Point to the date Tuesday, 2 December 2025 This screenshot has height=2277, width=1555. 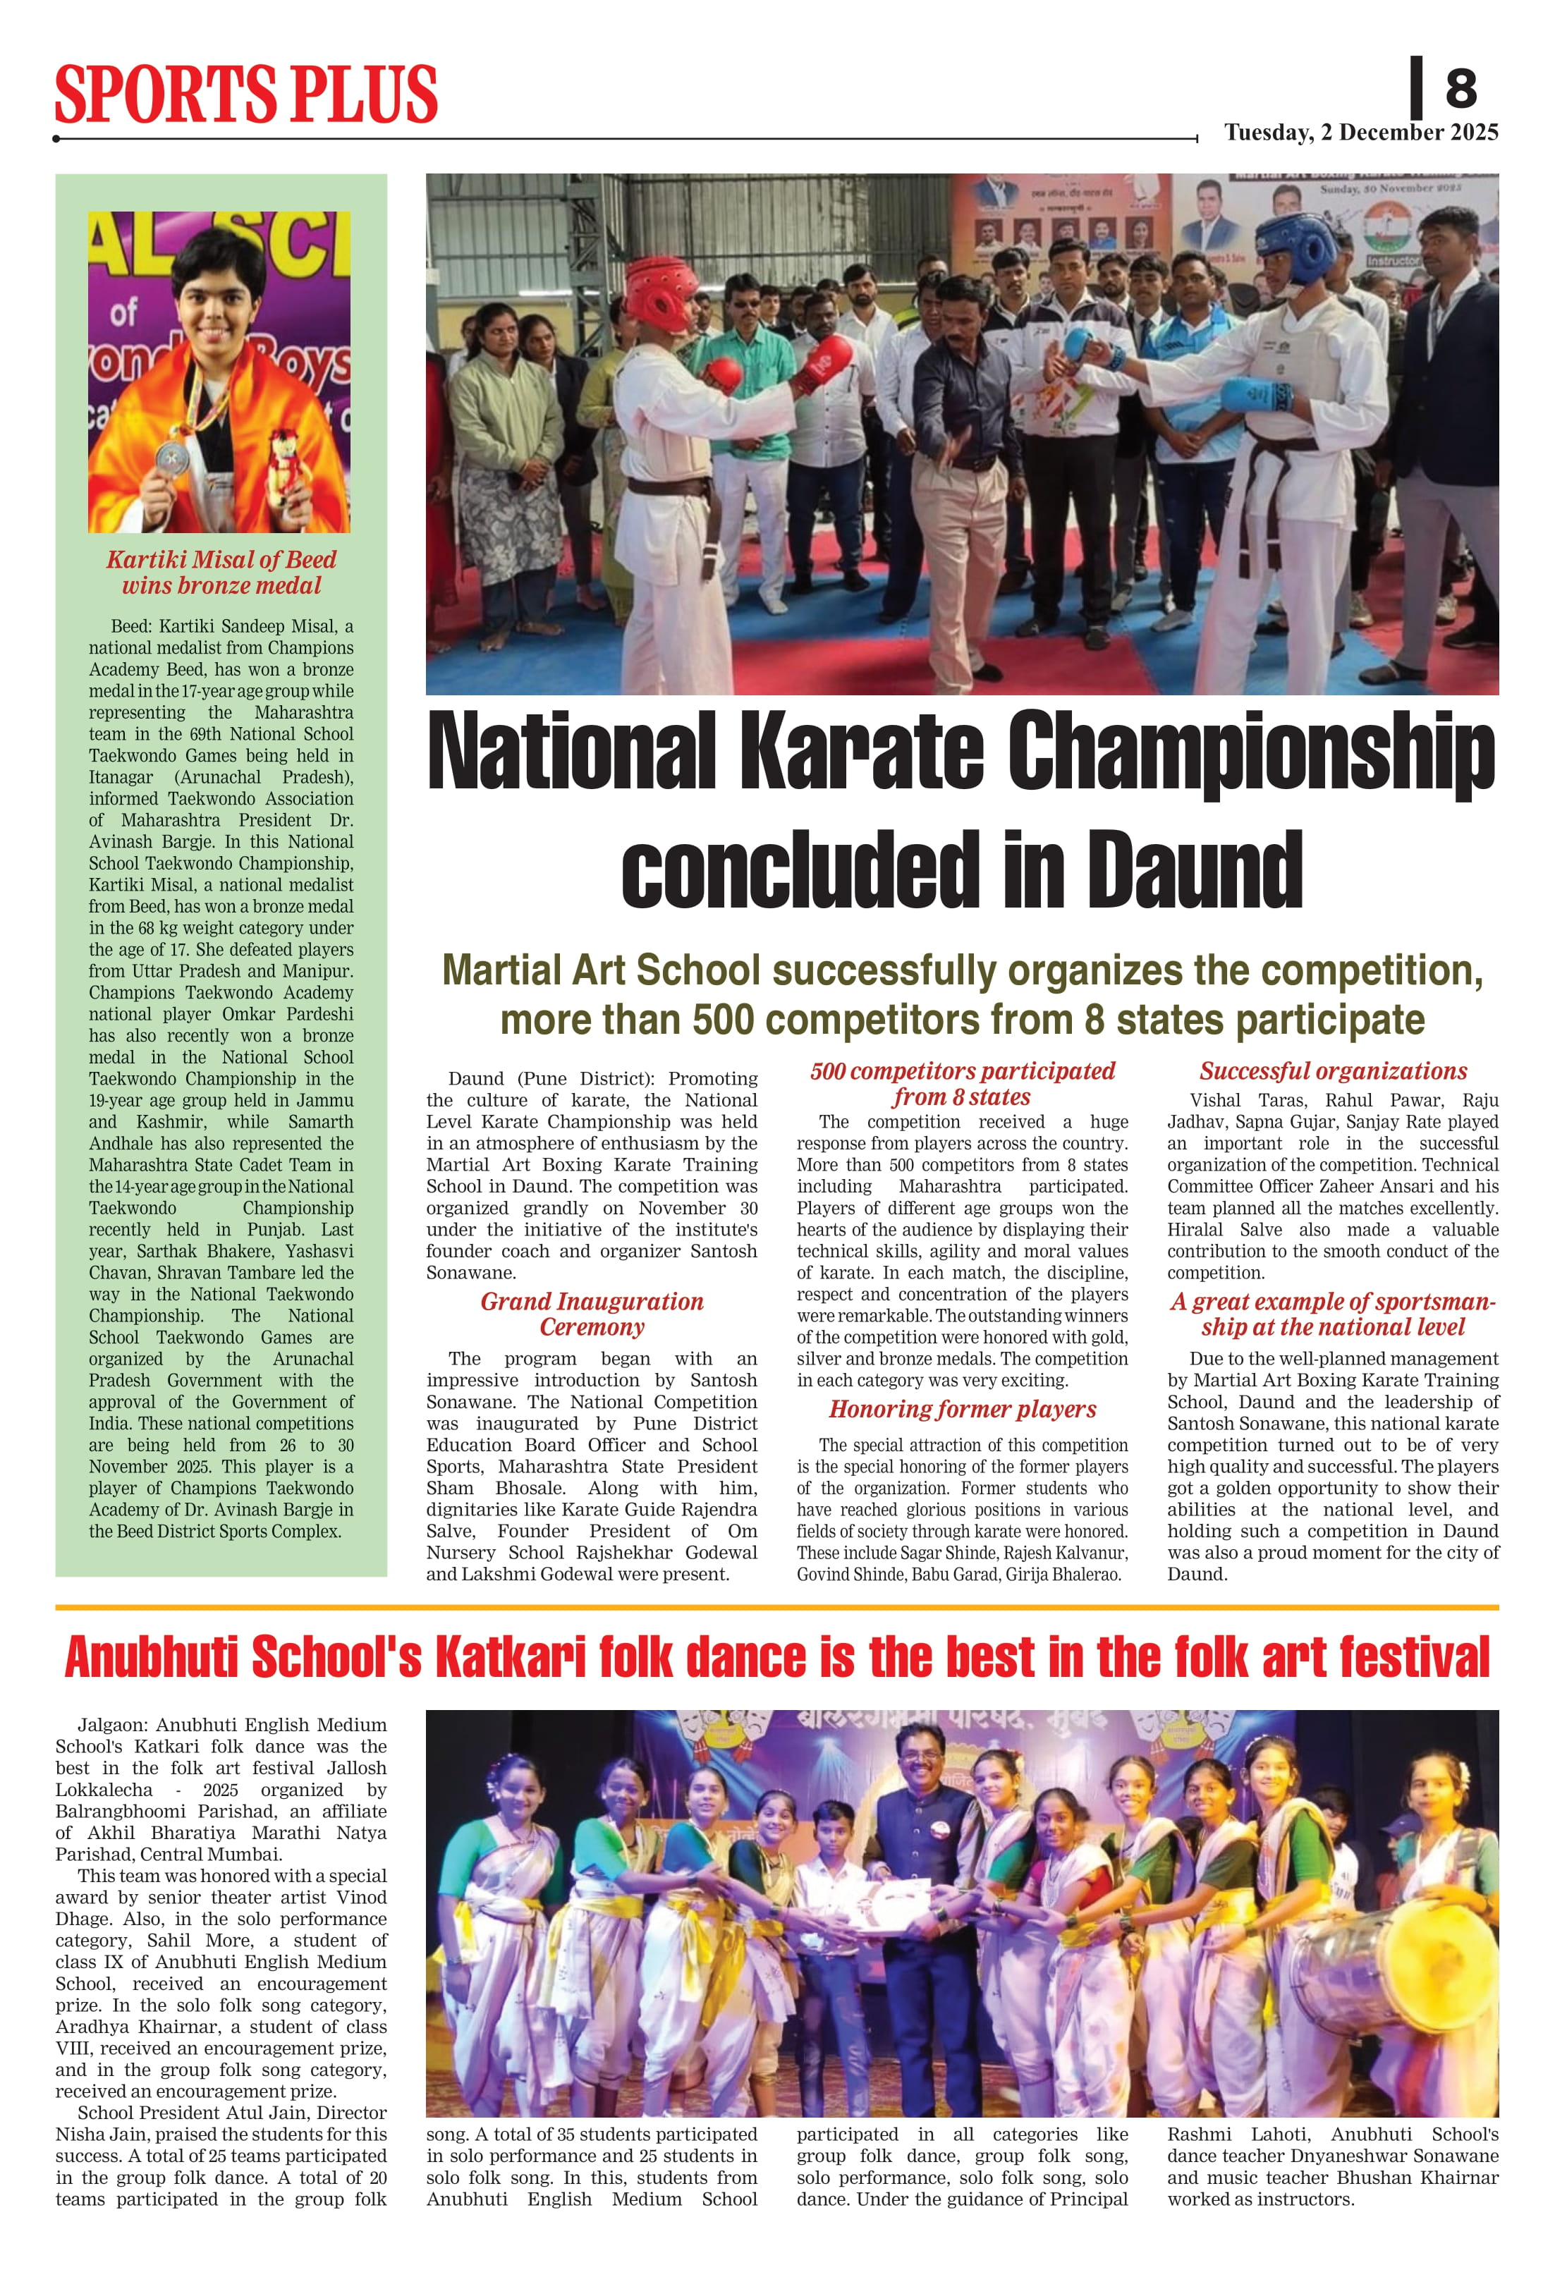[x=1361, y=133]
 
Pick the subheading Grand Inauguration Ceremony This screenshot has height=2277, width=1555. [x=592, y=1314]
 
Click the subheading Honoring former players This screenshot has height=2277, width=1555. [x=962, y=1409]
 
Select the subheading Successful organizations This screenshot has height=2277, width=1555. [x=1333, y=1071]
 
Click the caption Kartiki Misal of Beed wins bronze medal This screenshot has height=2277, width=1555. [x=221, y=572]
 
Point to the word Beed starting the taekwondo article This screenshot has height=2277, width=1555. [x=128, y=626]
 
